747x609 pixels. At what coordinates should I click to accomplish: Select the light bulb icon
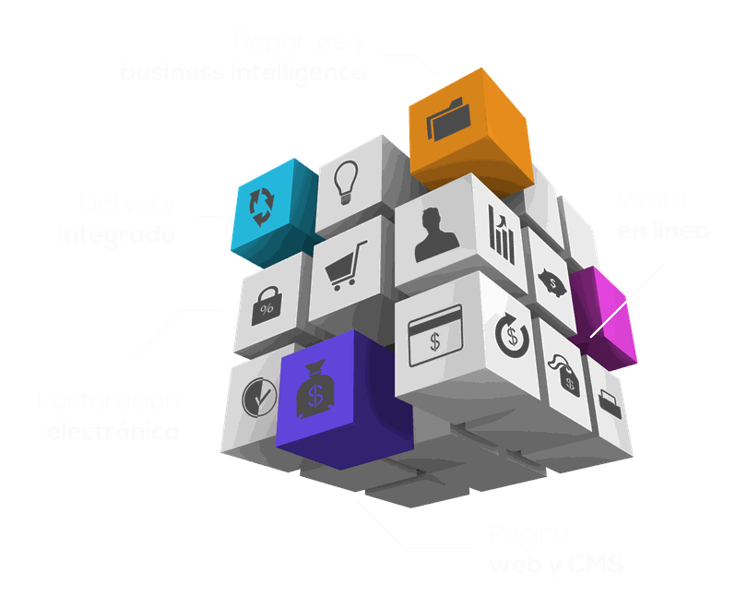(346, 183)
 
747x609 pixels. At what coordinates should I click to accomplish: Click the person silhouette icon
(434, 235)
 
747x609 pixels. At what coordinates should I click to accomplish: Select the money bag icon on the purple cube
(315, 392)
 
